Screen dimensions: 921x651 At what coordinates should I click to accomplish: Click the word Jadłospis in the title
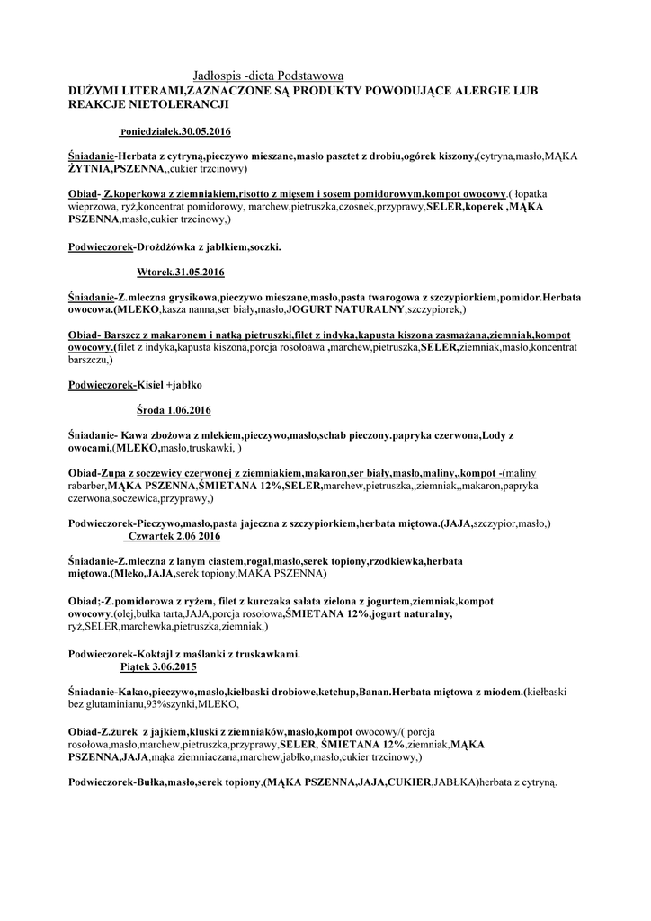[220, 78]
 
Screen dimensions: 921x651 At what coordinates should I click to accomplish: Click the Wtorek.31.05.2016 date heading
[181, 272]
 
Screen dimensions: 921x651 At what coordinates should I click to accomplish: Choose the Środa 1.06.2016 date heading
[174, 411]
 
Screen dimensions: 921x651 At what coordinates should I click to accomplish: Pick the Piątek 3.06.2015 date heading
[159, 668]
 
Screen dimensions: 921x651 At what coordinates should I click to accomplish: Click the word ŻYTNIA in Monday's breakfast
[91, 168]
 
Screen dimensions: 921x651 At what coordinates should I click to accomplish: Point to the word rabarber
[87, 485]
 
